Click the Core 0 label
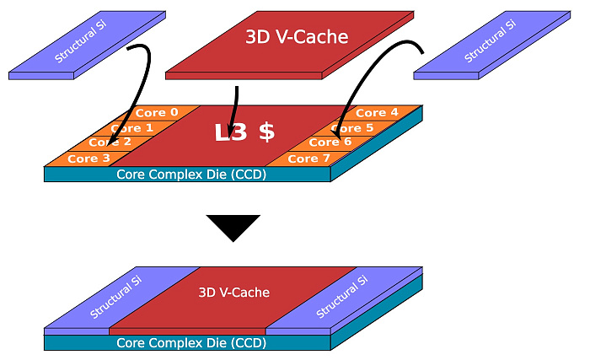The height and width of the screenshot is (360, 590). (x=157, y=113)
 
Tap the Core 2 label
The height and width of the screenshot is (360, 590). (x=110, y=142)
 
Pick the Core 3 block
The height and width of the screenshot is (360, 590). (x=88, y=159)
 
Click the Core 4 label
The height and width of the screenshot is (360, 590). (x=377, y=113)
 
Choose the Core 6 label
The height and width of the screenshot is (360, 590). (x=330, y=142)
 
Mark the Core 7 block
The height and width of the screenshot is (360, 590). (x=308, y=159)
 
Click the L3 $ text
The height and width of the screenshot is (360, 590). (x=244, y=132)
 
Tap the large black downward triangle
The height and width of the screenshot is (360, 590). (x=233, y=226)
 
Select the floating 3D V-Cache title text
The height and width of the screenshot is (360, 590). (x=297, y=37)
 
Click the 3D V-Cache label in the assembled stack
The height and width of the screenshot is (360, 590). (x=234, y=293)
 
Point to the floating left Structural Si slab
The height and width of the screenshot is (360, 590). (x=88, y=46)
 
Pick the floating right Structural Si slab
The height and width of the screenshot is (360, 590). (x=492, y=46)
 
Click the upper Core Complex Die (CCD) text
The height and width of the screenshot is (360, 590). (x=191, y=175)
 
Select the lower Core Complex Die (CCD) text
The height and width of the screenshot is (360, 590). (x=191, y=343)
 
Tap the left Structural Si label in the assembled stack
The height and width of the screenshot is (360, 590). (x=115, y=297)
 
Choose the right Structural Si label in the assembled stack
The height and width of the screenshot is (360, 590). (x=341, y=297)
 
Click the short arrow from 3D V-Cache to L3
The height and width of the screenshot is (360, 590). (x=235, y=112)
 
